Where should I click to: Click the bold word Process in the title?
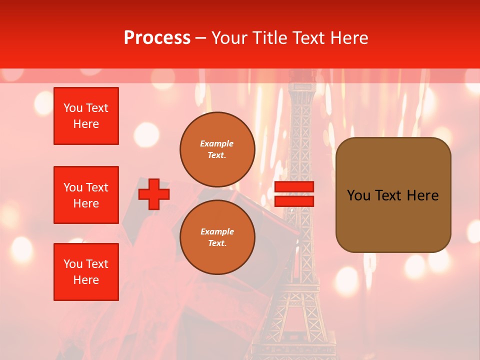click(157, 38)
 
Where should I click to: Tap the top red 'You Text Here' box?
click(86, 116)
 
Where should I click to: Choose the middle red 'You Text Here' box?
click(86, 195)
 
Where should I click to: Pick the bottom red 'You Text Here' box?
click(86, 272)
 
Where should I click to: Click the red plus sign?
click(154, 194)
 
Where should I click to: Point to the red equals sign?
click(294, 194)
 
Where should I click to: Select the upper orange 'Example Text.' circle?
click(217, 149)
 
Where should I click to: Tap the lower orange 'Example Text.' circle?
click(217, 237)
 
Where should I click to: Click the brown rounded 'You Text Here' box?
click(393, 195)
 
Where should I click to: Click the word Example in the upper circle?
click(217, 143)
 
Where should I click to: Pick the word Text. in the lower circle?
click(217, 243)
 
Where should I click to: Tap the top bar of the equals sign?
click(294, 187)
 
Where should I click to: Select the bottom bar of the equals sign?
click(294, 201)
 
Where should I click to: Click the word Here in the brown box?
click(422, 195)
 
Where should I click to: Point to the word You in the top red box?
click(73, 108)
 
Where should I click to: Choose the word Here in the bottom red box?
click(86, 280)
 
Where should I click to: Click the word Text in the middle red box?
click(96, 187)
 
